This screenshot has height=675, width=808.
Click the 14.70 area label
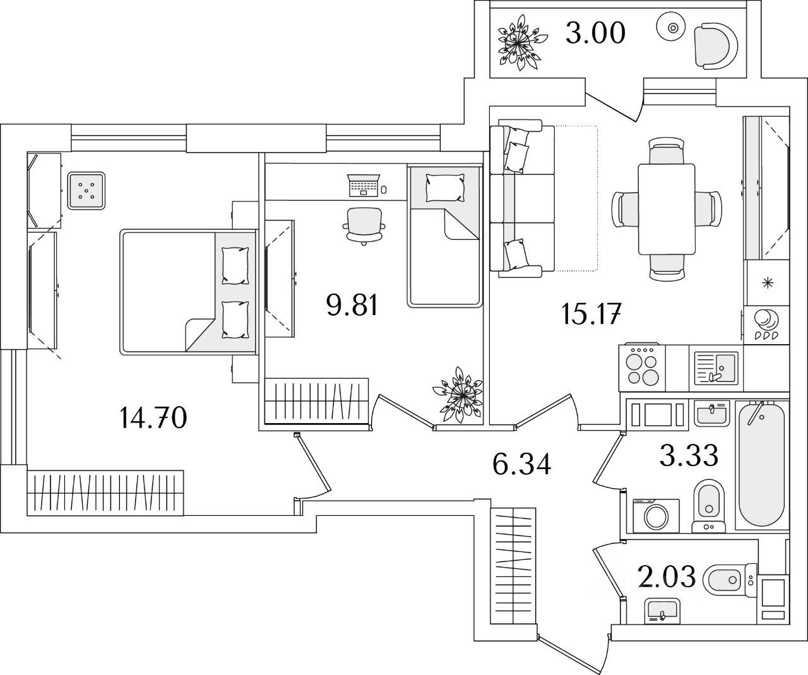point(153,418)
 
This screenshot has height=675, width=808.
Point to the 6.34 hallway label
point(521,464)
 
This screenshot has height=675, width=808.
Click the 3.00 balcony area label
point(595,33)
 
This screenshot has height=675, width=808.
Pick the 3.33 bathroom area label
point(689,455)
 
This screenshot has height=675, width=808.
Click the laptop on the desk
point(364,186)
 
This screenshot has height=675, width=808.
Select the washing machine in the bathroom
point(656,516)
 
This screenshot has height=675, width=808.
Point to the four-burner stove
point(643,367)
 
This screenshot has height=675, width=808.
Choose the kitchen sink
point(716,368)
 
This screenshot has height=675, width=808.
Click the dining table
point(667,209)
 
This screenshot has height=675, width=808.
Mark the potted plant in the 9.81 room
point(458,395)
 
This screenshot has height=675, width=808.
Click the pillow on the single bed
point(445,188)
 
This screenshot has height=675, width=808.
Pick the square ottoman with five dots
point(86,191)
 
